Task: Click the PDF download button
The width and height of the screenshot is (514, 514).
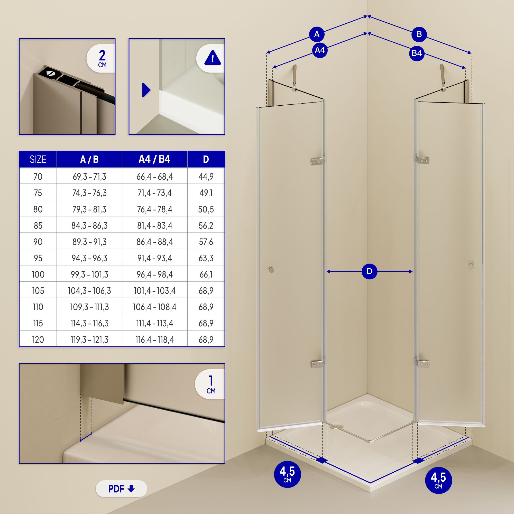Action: [121, 489]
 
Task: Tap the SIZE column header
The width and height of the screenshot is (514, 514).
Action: [38, 159]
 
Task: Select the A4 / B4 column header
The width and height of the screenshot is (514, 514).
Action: [154, 159]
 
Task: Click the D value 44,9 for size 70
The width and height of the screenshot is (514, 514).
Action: [206, 176]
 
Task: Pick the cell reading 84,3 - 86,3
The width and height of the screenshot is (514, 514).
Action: [89, 226]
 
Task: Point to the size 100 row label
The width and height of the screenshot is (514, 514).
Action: [38, 274]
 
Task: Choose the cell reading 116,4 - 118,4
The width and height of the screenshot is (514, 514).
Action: [154, 340]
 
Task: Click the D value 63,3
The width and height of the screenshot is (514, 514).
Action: [206, 258]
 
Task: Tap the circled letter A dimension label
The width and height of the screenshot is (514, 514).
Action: [317, 34]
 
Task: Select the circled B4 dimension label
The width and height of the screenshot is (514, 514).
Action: [417, 53]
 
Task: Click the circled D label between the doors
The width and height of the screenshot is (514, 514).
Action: [370, 271]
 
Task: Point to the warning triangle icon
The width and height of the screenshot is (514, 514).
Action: [213, 59]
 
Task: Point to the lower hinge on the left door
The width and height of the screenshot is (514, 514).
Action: [317, 364]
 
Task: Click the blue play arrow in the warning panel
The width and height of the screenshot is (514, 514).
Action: [146, 90]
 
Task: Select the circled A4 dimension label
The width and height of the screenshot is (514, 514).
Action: [320, 50]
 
